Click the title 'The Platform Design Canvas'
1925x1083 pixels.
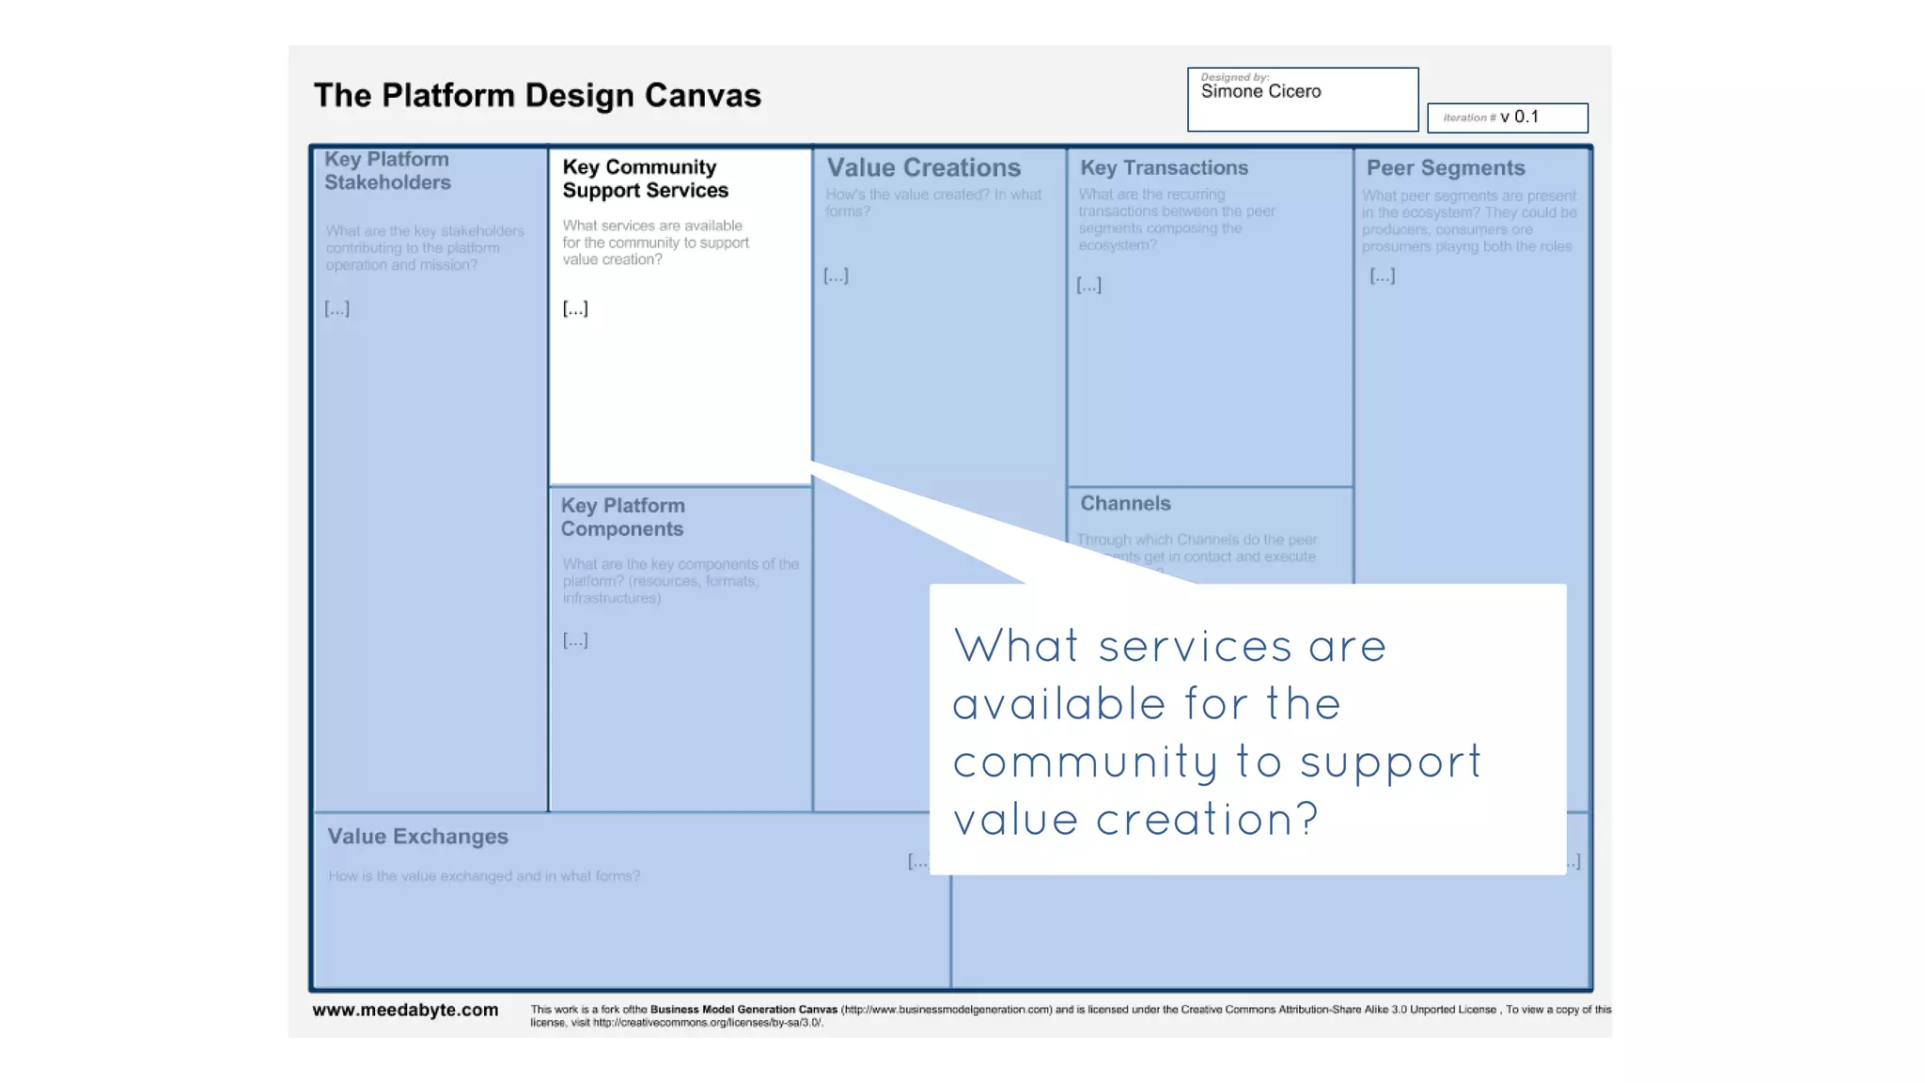click(x=537, y=96)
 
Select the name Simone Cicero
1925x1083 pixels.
click(x=1260, y=92)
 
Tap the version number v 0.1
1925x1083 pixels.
click(x=1519, y=117)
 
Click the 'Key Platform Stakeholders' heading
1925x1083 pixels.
click(x=387, y=171)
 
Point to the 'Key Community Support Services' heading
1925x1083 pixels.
click(x=645, y=179)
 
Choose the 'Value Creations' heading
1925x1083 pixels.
click(x=923, y=168)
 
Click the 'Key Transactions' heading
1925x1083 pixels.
click(x=1164, y=168)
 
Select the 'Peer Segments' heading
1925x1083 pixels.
click(x=1445, y=168)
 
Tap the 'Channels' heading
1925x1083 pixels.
click(x=1125, y=504)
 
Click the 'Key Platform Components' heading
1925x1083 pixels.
click(x=622, y=517)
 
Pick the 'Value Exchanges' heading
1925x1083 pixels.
click(x=417, y=837)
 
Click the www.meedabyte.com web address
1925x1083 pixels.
click(x=405, y=1010)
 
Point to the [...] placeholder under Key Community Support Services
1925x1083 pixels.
click(x=575, y=308)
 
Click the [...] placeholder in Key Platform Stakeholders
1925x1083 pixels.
click(x=336, y=308)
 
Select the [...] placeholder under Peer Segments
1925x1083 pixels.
click(x=1382, y=275)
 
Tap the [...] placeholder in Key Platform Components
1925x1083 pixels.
click(x=575, y=640)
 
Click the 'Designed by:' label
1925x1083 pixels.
click(x=1234, y=77)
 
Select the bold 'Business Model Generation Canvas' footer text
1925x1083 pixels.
click(x=743, y=1010)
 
